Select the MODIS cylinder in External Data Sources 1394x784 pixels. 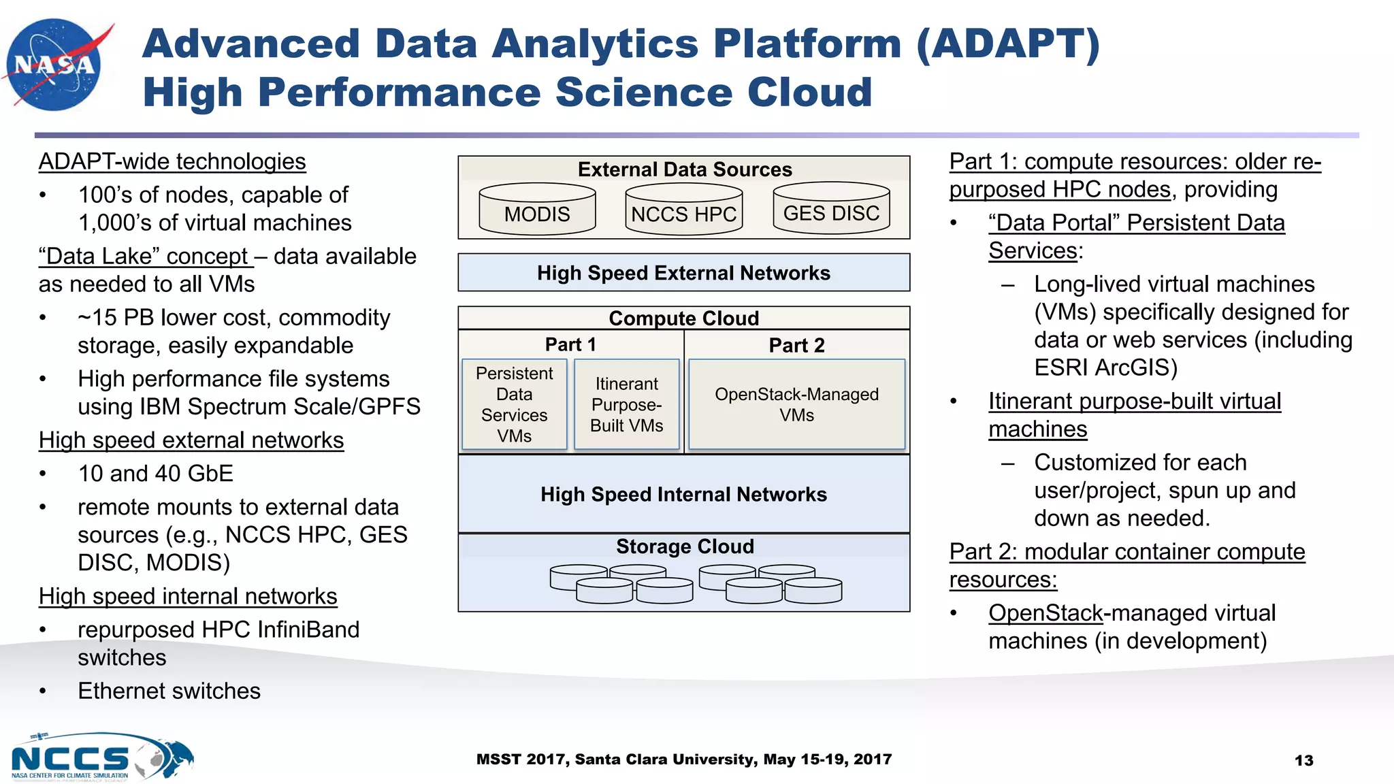[537, 210]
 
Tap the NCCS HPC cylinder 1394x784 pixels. [683, 210]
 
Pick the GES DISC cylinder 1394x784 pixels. [831, 208]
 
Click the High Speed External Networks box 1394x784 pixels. [683, 273]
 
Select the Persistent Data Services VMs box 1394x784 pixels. [514, 404]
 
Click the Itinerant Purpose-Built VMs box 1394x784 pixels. [626, 404]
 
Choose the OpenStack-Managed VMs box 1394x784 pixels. [796, 404]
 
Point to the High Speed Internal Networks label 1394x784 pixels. [683, 494]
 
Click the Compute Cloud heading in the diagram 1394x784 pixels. [683, 318]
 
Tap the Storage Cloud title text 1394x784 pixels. [685, 546]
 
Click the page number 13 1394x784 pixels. [1303, 760]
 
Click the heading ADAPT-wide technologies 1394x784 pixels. [172, 161]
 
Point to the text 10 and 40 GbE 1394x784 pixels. [155, 473]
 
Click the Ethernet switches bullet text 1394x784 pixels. [169, 691]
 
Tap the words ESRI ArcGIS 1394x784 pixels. [1105, 367]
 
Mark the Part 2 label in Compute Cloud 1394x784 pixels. [796, 345]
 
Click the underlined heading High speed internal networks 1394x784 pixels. [188, 596]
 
